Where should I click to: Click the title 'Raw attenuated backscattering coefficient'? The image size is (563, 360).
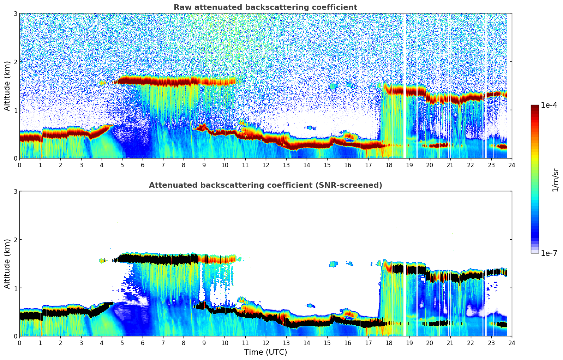(265, 7)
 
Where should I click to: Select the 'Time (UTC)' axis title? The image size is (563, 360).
(265, 352)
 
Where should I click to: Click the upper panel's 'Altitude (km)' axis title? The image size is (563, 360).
(7, 86)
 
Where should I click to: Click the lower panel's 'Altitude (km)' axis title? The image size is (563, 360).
(7, 264)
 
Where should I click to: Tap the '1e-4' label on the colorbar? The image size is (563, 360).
(549, 105)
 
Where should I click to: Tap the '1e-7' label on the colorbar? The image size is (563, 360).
(549, 253)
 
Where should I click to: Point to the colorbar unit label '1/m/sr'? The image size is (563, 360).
(555, 180)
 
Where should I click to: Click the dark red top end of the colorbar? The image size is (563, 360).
(535, 107)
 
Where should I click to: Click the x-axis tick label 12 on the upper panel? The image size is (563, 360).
(265, 165)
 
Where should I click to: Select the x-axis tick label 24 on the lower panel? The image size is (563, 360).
(511, 343)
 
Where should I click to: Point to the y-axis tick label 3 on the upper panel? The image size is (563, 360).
(16, 13)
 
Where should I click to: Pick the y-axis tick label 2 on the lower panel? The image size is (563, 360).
(16, 240)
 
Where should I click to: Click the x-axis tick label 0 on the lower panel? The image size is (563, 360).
(19, 343)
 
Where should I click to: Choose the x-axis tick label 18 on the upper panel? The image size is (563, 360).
(389, 165)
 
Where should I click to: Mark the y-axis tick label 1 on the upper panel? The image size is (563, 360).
(16, 110)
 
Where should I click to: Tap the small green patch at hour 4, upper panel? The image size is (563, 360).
(102, 83)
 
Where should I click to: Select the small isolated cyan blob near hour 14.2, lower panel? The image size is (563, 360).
(311, 305)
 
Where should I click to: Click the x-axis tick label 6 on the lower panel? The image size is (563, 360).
(143, 343)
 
